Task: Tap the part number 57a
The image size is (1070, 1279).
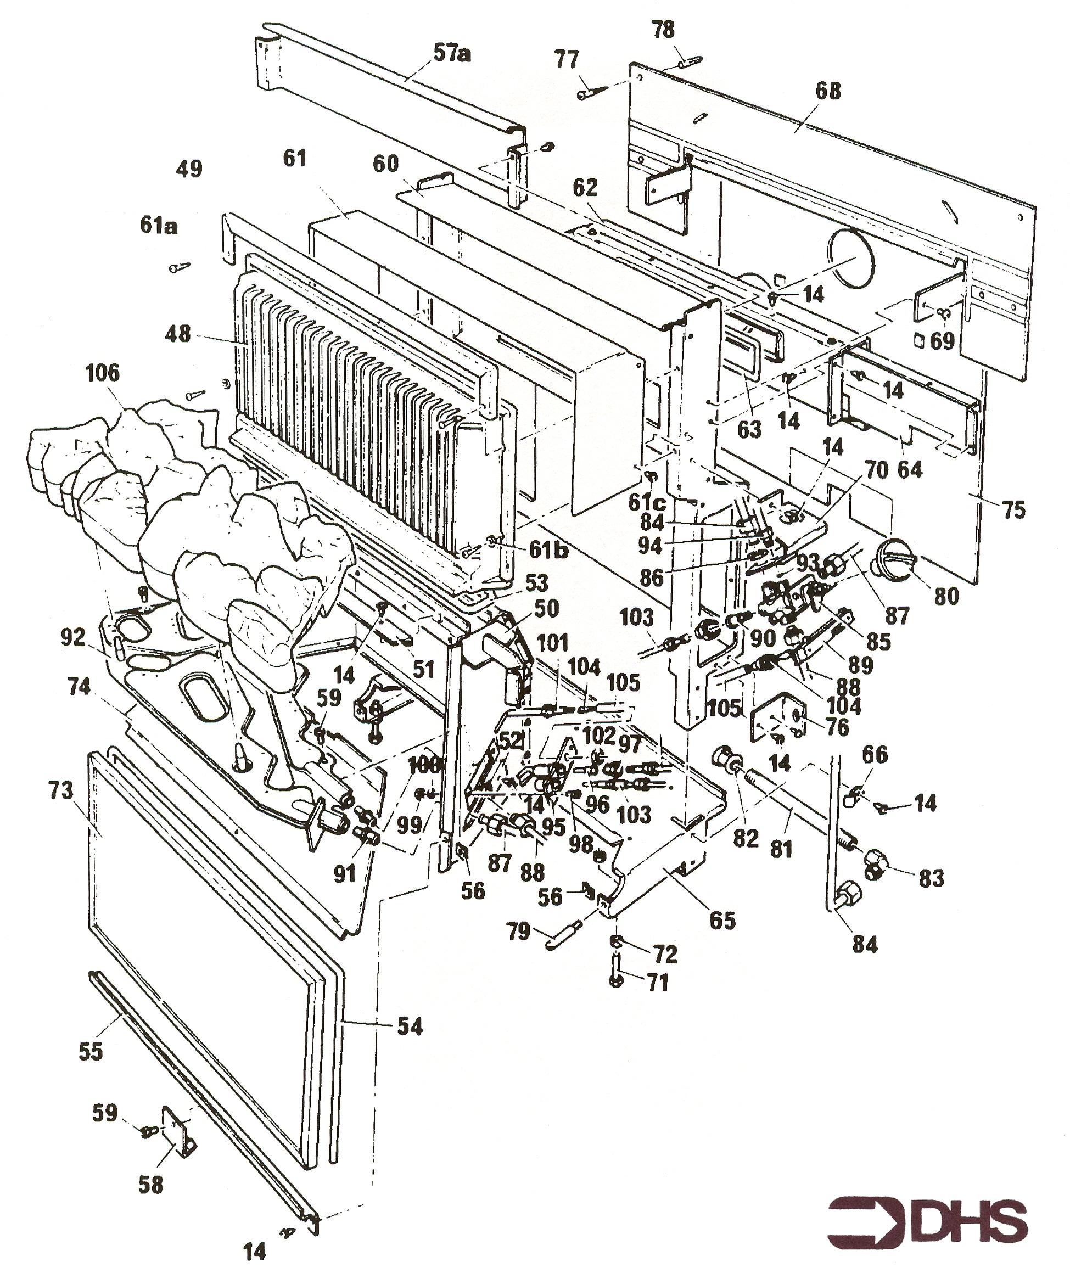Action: click(x=452, y=54)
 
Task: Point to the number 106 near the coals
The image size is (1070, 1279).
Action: click(x=102, y=373)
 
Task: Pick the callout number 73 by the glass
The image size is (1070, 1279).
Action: click(x=60, y=791)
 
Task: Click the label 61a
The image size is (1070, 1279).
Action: click(x=159, y=226)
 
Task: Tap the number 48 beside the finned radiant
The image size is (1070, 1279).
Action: click(x=178, y=334)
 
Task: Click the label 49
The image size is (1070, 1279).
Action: click(x=189, y=169)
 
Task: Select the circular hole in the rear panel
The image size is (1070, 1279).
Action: click(x=851, y=256)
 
